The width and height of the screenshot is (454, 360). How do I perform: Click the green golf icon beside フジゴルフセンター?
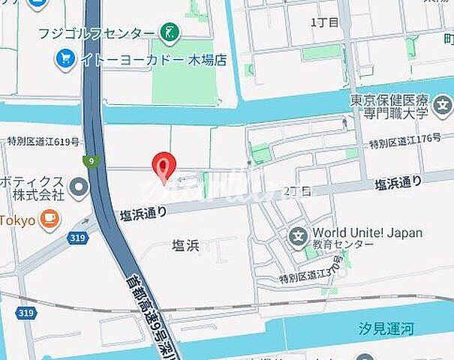(170, 32)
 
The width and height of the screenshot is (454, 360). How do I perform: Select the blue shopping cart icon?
(65, 57)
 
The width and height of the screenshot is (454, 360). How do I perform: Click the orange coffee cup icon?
(50, 220)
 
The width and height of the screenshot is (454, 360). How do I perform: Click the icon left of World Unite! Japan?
(298, 238)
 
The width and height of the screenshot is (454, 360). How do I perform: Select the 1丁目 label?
(324, 22)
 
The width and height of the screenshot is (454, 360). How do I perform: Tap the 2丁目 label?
(297, 191)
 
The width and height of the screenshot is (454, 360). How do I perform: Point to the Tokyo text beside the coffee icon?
(18, 220)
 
